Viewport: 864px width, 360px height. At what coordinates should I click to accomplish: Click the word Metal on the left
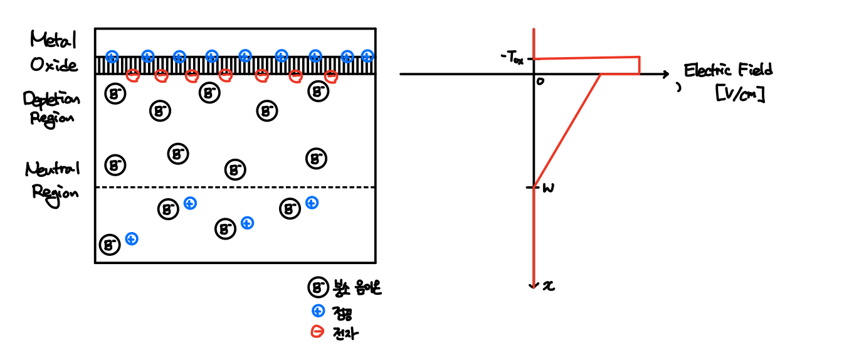point(53,41)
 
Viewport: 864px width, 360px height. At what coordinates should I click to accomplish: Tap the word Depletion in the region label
point(51,99)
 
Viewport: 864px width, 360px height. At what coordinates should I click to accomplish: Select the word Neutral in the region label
point(53,169)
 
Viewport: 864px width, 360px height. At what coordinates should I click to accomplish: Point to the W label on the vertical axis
point(547,188)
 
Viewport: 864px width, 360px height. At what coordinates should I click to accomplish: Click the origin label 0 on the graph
point(540,81)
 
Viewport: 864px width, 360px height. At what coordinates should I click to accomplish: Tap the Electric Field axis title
point(728,70)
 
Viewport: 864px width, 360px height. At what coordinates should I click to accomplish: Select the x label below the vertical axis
point(549,286)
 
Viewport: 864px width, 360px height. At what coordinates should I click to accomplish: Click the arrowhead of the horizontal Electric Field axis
point(666,75)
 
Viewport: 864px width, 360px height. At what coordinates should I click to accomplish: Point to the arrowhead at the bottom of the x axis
point(533,285)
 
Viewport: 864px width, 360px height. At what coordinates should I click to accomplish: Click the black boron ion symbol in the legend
point(318,288)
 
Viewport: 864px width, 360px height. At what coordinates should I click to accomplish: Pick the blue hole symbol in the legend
point(318,310)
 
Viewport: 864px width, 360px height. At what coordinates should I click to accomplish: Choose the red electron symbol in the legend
point(318,332)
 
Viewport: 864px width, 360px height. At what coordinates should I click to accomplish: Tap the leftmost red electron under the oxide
point(132,76)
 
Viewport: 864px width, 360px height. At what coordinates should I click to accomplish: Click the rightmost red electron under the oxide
point(331,77)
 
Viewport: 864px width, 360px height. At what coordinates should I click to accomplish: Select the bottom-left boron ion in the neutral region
point(110,245)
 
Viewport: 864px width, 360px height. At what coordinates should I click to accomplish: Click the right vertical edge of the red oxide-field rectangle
point(640,66)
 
